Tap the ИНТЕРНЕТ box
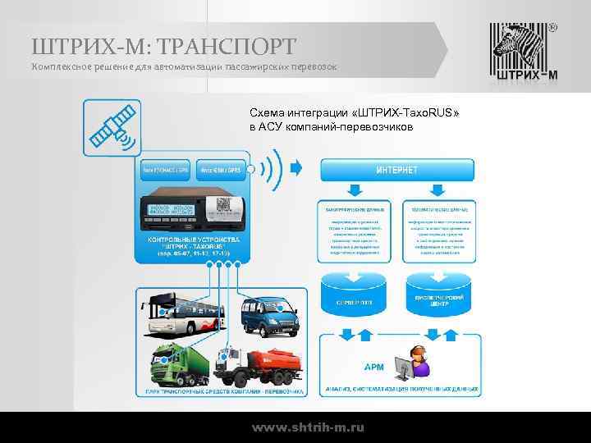[396, 170]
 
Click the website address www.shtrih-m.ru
[308, 428]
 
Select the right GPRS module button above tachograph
[222, 171]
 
